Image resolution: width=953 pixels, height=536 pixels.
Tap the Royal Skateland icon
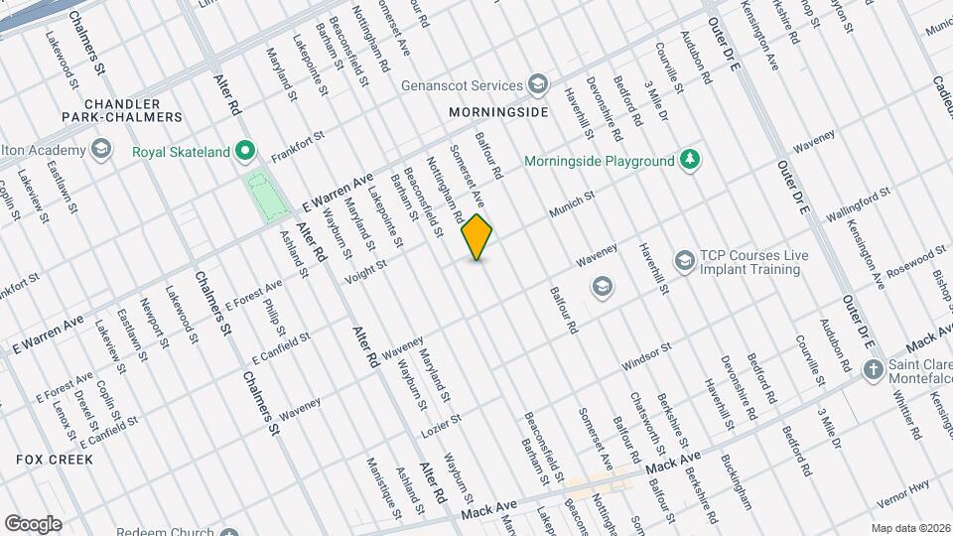tap(245, 153)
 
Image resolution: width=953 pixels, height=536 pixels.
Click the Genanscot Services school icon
tap(538, 84)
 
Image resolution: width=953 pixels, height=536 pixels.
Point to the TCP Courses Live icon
tap(684, 261)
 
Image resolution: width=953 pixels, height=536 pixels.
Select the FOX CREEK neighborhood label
tap(55, 460)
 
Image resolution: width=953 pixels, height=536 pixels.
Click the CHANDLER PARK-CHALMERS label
tap(133, 110)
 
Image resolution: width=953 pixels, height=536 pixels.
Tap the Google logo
tap(33, 523)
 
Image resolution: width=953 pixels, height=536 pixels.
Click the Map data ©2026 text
tap(910, 528)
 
